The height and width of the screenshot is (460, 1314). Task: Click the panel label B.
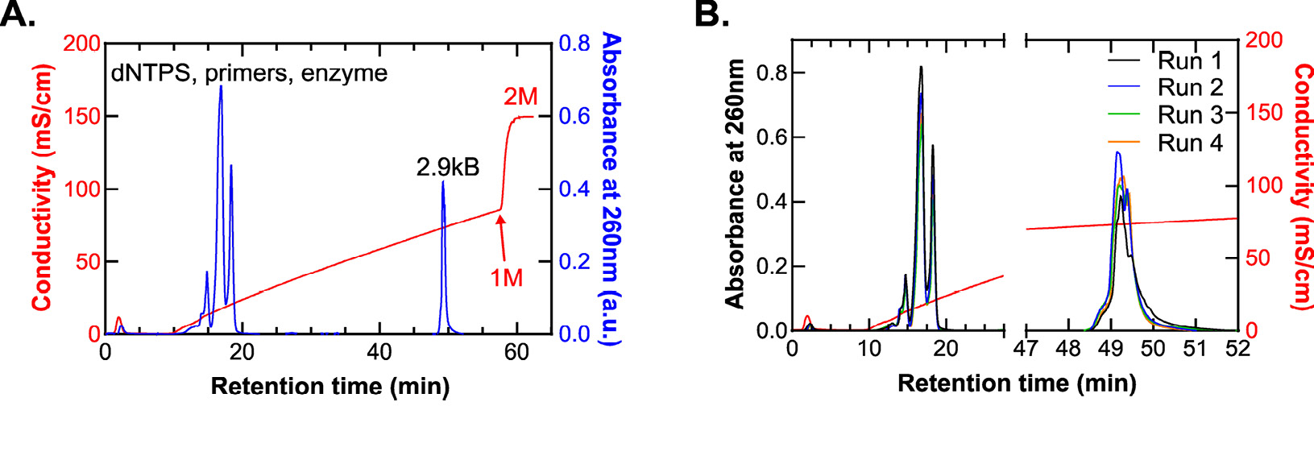(x=711, y=14)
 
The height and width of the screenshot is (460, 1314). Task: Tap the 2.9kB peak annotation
(x=447, y=167)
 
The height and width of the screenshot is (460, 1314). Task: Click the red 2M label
(x=520, y=97)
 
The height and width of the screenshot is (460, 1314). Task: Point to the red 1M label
(x=507, y=278)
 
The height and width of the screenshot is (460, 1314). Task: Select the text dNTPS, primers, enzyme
(x=249, y=73)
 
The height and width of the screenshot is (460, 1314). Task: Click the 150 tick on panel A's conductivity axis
(x=81, y=116)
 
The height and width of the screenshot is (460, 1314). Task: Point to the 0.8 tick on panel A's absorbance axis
(x=575, y=43)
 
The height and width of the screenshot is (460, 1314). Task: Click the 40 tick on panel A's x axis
(x=379, y=352)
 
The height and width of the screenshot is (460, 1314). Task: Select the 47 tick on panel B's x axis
(x=1026, y=349)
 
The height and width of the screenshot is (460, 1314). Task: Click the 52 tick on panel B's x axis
(x=1237, y=349)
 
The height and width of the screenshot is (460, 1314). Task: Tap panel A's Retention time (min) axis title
(x=330, y=387)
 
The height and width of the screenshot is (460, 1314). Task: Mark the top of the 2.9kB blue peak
(x=443, y=182)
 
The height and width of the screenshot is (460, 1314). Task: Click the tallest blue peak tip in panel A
(x=221, y=86)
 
